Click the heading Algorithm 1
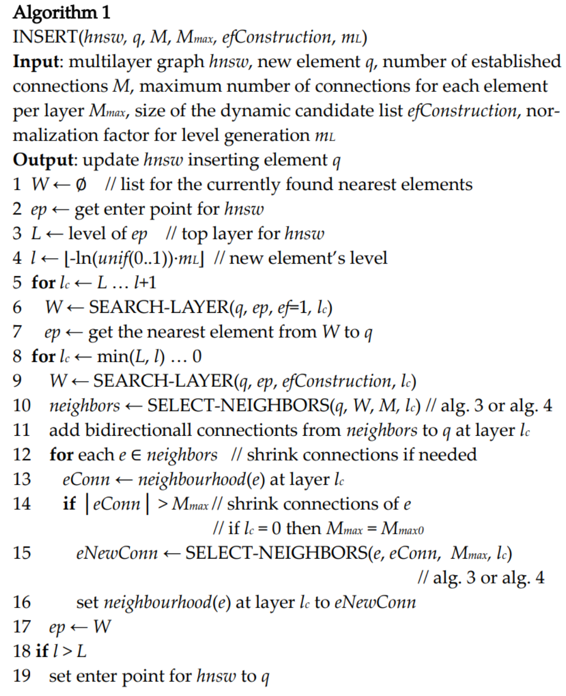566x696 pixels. (61, 12)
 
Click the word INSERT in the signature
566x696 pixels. (45, 37)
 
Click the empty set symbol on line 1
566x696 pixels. (81, 185)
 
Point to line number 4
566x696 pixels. (17, 258)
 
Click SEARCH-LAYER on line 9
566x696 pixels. (163, 381)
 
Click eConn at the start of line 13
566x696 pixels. (86, 480)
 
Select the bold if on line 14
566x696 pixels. (69, 504)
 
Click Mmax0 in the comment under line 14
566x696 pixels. (402, 529)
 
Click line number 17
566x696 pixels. (22, 627)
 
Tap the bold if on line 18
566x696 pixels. (42, 651)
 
